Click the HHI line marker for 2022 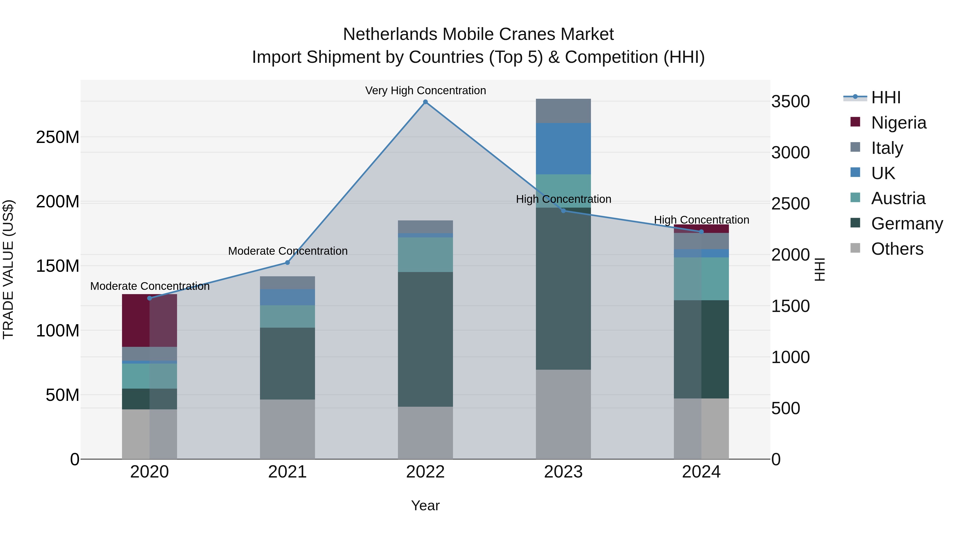coord(425,102)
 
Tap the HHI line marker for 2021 coord(287,263)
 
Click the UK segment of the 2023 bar coord(563,149)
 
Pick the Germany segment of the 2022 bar coord(425,339)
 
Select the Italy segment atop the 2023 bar coord(563,111)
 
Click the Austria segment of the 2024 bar coord(701,279)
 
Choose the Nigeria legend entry coord(898,122)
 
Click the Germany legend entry coord(906,224)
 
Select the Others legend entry coord(897,249)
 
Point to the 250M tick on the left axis coord(58,137)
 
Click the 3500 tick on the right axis coord(790,102)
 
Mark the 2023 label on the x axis coord(563,472)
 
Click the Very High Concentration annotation coord(425,90)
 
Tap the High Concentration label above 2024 coord(701,220)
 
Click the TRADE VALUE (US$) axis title coord(9,269)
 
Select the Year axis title coord(425,505)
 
